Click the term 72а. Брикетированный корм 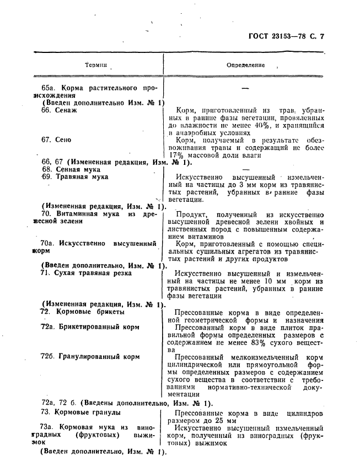[89, 327]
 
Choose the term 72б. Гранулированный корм [90, 357]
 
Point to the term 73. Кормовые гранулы [81, 412]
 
